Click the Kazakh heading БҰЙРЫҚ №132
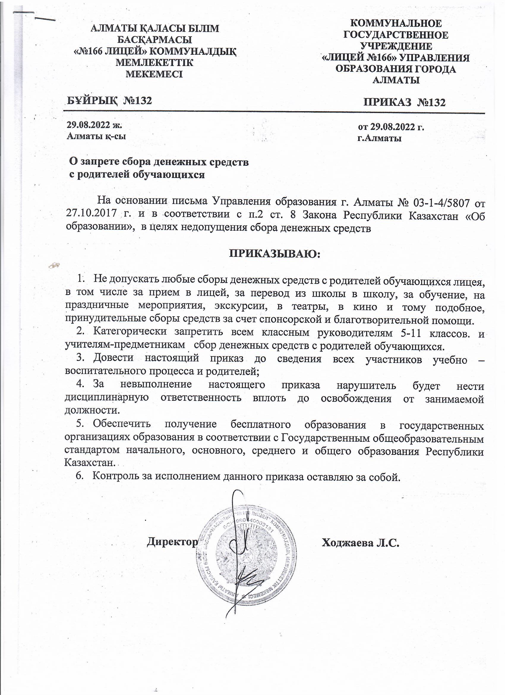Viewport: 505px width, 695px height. point(109,100)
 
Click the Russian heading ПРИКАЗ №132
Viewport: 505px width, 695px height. point(404,102)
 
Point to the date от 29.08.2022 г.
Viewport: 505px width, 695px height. point(391,127)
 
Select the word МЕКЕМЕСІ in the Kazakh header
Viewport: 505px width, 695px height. point(154,74)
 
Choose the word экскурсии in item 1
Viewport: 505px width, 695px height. point(239,307)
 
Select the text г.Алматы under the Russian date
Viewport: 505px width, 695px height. point(379,139)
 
